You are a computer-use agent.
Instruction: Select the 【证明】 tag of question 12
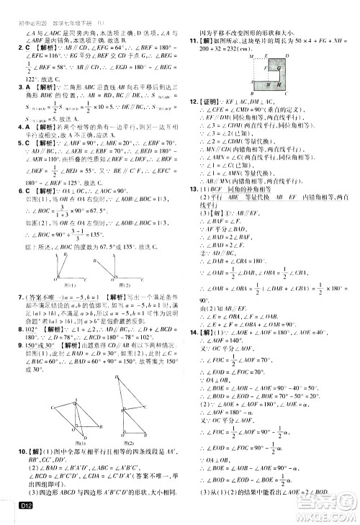(x=214, y=103)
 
